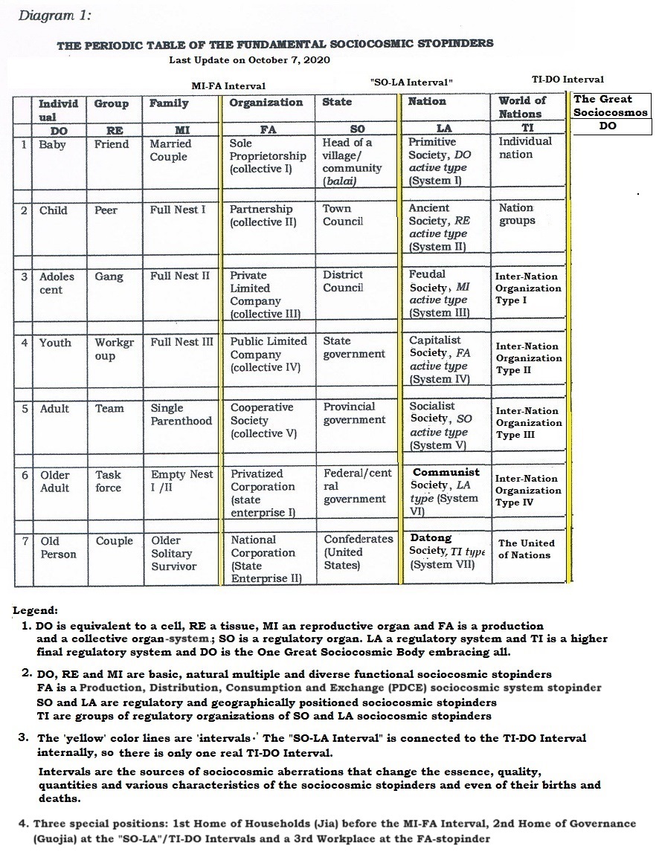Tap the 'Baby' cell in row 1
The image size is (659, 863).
point(53,145)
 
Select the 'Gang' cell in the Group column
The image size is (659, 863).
point(109,277)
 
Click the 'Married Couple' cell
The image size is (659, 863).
point(170,150)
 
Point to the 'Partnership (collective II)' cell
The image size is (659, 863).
point(263,216)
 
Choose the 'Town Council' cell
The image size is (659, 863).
point(343,215)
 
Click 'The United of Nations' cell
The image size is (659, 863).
point(526,549)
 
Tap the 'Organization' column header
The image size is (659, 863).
point(266,103)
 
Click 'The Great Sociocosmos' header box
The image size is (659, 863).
point(611,106)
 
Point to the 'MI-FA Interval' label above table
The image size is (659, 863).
point(228,86)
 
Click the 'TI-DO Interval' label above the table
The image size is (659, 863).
point(562,79)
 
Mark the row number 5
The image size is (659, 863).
point(25,409)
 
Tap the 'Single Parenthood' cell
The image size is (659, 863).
point(181,415)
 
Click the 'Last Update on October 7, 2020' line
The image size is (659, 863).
point(249,59)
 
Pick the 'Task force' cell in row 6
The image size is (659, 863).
point(109,481)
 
